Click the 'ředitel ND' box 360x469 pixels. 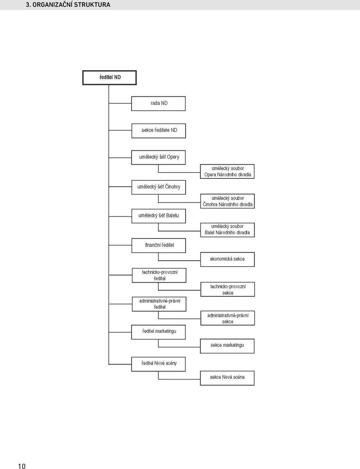coord(109,78)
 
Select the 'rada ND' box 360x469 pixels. coord(158,103)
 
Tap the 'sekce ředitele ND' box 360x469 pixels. coord(159,131)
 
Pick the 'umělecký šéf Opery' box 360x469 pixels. coord(158,157)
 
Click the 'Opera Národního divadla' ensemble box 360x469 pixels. coord(227,171)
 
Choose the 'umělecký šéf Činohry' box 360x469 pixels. coord(159,187)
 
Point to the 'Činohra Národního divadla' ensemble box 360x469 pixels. coord(228,201)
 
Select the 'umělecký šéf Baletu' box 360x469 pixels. coord(159,216)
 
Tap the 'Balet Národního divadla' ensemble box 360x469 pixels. coord(228,230)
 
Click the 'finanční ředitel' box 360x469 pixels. coord(159,246)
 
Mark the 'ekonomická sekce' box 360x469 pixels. coord(228,259)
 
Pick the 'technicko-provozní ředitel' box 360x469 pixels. coord(159,275)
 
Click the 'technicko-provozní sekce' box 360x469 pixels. coord(228,289)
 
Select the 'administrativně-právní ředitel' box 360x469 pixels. coord(159,304)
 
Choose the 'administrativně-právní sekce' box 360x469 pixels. coord(228,318)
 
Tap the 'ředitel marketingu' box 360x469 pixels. coord(158,332)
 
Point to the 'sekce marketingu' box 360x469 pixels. coord(227,346)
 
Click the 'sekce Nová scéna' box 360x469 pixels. coord(227,378)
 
